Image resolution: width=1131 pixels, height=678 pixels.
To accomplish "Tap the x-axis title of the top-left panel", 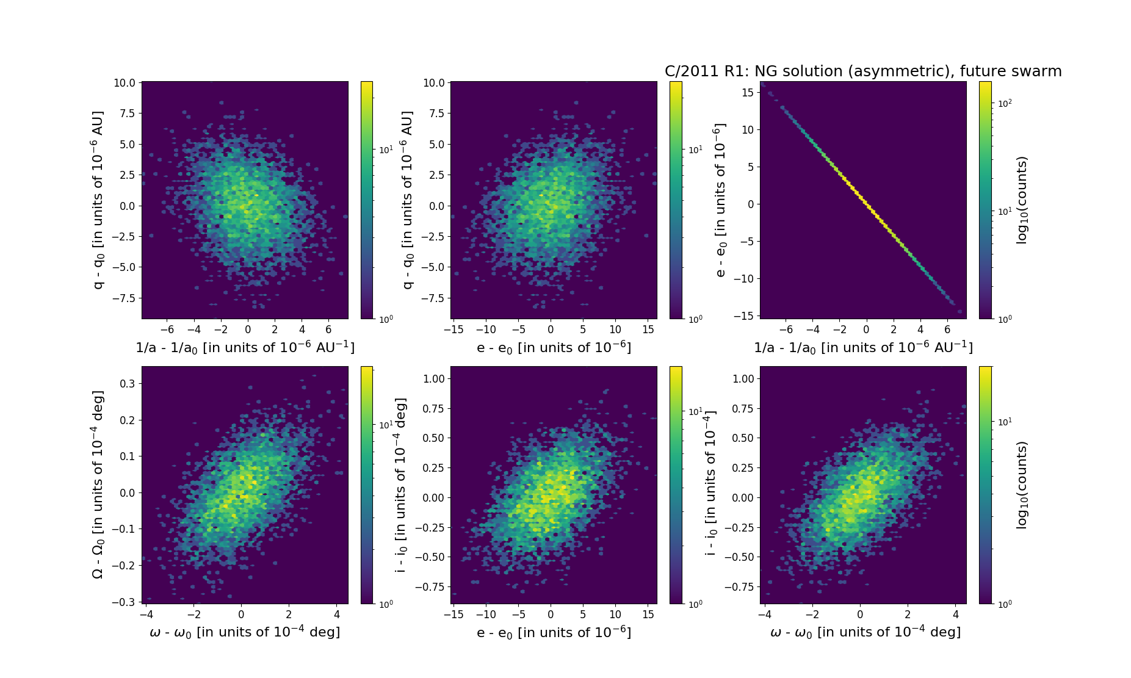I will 245,347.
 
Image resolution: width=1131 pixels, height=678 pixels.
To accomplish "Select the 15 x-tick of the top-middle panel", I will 648,330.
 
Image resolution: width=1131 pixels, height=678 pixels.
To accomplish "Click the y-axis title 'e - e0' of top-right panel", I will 721,200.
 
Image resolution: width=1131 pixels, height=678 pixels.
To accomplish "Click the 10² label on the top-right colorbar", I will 1005,104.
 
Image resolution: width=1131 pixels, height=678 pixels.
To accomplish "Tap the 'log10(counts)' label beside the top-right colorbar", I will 1022,200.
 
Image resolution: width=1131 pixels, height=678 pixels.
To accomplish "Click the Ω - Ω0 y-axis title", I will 98,485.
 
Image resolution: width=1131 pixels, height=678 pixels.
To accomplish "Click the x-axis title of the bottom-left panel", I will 245,632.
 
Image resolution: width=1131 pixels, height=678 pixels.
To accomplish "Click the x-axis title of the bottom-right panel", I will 865,632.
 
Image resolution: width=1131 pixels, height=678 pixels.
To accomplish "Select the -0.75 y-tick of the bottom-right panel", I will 739,587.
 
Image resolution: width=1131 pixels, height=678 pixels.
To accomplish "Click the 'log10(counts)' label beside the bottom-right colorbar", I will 1022,485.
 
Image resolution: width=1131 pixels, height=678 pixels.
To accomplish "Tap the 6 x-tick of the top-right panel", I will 947,330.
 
